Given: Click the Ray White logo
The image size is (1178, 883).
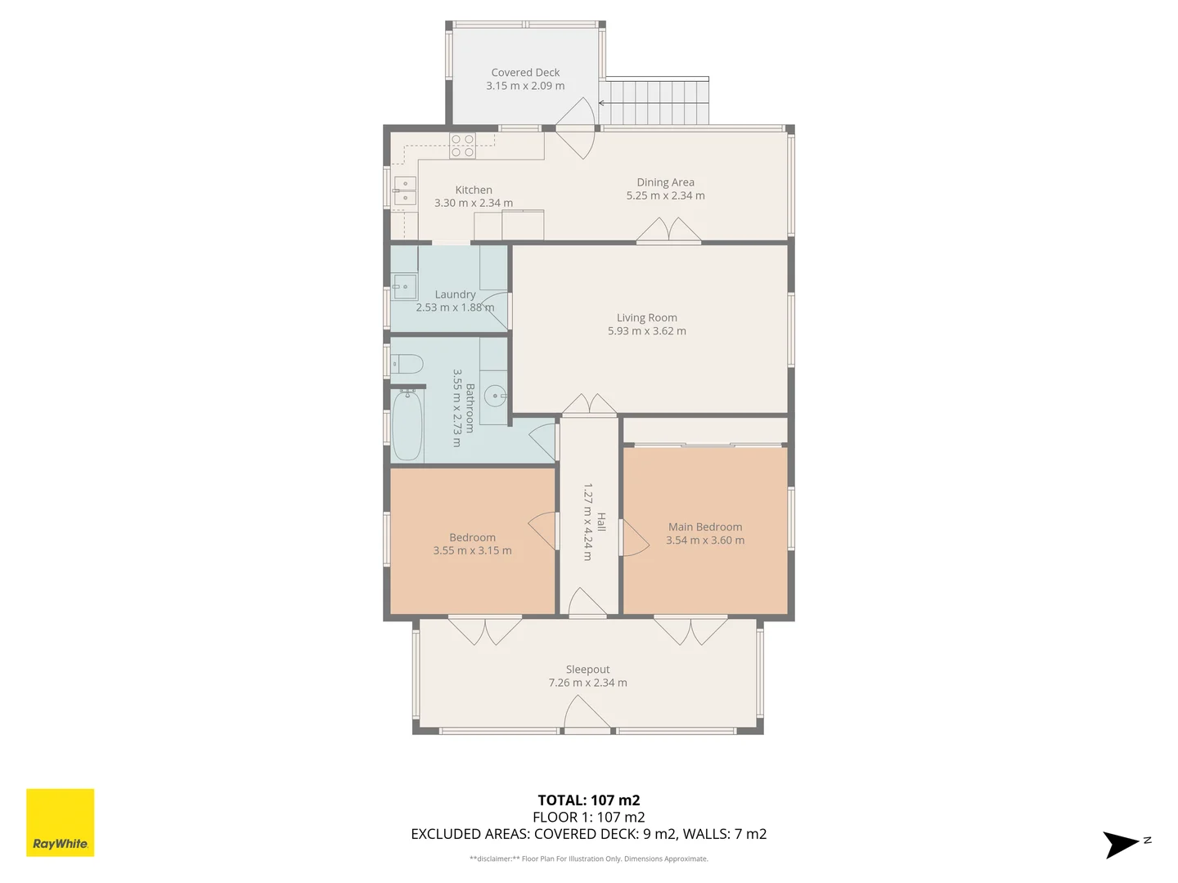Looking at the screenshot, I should [x=61, y=822].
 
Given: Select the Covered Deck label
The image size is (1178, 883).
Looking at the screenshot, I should [x=525, y=73].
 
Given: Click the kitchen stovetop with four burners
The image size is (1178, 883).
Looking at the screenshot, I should [x=462, y=146].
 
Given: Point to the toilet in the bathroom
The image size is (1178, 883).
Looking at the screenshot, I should [x=407, y=363].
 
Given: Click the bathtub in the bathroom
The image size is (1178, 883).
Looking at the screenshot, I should [x=407, y=426].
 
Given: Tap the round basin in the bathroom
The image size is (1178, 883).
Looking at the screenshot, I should [x=495, y=397].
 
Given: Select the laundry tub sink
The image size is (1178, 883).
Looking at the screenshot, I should [x=404, y=287].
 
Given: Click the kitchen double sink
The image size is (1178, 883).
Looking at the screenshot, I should [x=405, y=190].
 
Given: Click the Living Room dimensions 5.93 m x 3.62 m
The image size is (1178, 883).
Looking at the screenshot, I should [x=646, y=331].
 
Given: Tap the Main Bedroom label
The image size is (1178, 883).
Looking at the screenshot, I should [x=705, y=527].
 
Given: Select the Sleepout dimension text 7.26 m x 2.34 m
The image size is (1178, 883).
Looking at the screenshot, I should [x=587, y=683].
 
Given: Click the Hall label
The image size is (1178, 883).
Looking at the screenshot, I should [x=601, y=522].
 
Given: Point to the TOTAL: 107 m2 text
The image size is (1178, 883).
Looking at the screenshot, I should [x=588, y=800].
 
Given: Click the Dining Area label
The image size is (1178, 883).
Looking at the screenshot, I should [x=665, y=182].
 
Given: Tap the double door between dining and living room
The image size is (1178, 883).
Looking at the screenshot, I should [x=669, y=231].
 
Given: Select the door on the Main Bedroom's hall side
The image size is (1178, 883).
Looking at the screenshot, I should [x=633, y=539].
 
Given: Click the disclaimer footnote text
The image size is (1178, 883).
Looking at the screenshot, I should [x=588, y=858].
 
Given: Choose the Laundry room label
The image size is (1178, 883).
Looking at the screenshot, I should [x=455, y=294].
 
